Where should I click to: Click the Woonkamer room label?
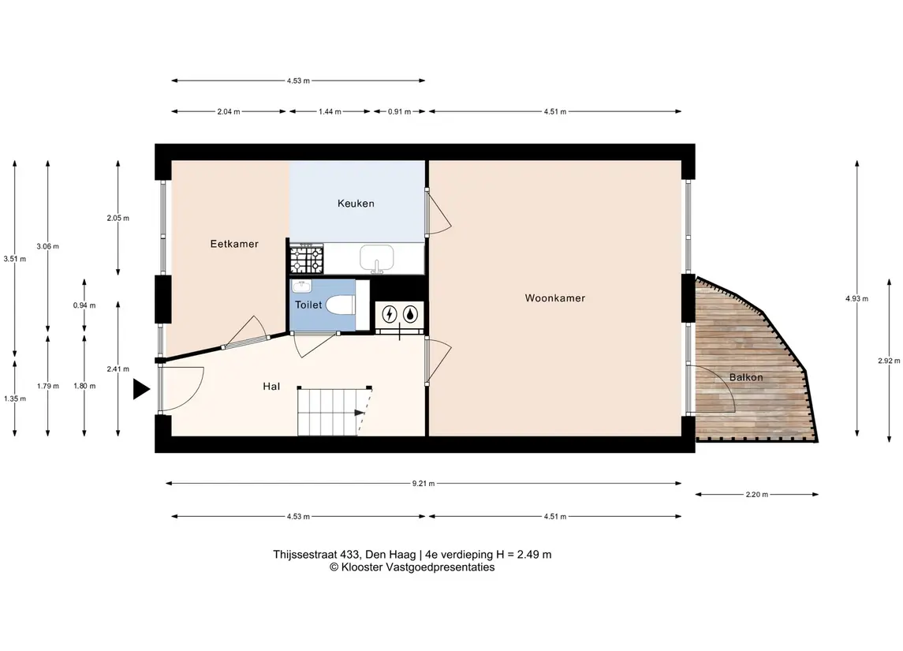point(554,297)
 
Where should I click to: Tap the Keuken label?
point(356,204)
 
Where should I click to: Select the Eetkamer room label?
point(234,244)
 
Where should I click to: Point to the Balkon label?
point(746,377)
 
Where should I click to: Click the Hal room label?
point(271,386)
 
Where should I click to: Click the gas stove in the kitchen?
point(306,260)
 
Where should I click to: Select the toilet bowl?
point(341,305)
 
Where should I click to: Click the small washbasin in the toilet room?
point(302,286)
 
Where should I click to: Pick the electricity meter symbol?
point(390,314)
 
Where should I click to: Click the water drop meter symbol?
point(409,314)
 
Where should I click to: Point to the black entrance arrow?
point(141,389)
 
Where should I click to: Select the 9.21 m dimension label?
point(424,484)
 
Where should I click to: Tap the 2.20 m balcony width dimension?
point(757,494)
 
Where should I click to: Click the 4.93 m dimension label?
point(857,298)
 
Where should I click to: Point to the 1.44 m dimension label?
point(330,112)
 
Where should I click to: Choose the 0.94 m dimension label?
point(84,305)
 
